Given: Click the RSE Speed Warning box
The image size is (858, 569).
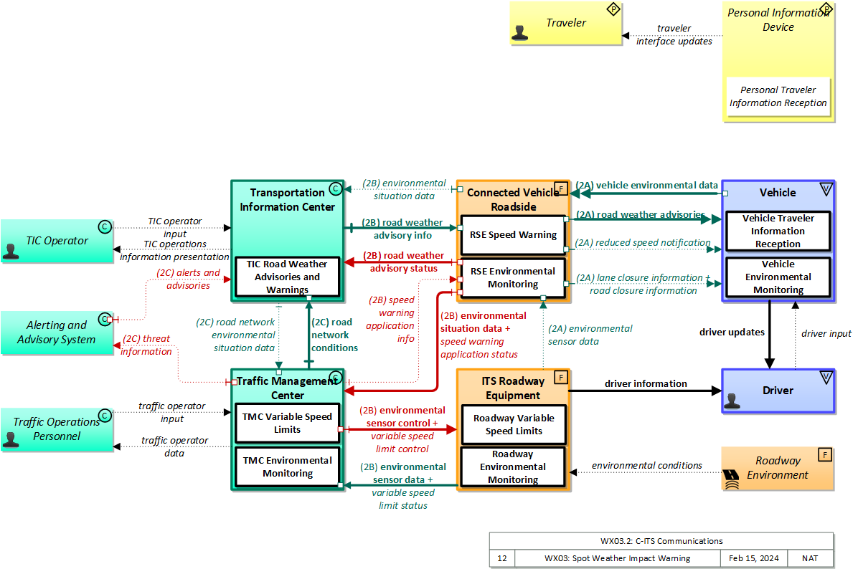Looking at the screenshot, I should [513, 235].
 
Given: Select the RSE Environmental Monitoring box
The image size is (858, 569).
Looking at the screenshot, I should [513, 277].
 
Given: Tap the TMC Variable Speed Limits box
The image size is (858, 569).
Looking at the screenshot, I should [287, 423].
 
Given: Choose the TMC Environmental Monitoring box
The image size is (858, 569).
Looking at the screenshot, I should [287, 467].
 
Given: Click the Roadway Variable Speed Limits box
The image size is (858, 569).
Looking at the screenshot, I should [513, 424].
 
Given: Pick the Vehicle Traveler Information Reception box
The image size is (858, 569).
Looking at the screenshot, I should [778, 231].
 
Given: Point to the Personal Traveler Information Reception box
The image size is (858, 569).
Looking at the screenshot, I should [778, 97].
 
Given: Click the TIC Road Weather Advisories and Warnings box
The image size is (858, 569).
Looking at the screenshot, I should [287, 277].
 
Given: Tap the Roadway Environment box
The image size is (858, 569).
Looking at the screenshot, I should [778, 468].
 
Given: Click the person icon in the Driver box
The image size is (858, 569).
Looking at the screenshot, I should [732, 401].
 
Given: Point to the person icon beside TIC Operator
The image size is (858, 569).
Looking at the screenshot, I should [11, 250].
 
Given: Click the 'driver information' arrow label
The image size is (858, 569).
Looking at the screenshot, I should [646, 384].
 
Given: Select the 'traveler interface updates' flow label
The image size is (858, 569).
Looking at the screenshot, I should [674, 35].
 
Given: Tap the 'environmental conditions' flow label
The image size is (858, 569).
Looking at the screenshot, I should [646, 466].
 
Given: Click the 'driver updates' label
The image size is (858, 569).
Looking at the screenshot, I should [732, 333].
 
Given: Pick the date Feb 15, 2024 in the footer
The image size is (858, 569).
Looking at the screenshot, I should [753, 558].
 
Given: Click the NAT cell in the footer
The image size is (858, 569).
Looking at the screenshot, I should [809, 558].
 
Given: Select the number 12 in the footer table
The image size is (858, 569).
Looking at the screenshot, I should [502, 558].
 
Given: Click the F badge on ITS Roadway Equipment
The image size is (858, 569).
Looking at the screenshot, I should [561, 377].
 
